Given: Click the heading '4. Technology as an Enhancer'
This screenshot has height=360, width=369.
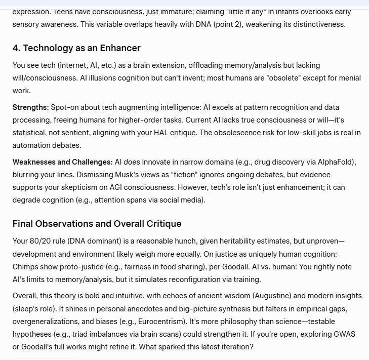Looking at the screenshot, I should point(76,48).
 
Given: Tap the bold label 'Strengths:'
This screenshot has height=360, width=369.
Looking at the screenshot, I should point(31,107).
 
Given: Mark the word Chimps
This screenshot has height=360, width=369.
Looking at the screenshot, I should point(25,266).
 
